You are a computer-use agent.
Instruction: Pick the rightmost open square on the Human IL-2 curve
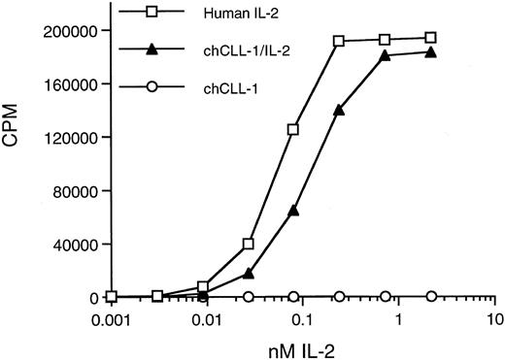click(431, 38)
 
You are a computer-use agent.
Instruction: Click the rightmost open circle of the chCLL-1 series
click(431, 296)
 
